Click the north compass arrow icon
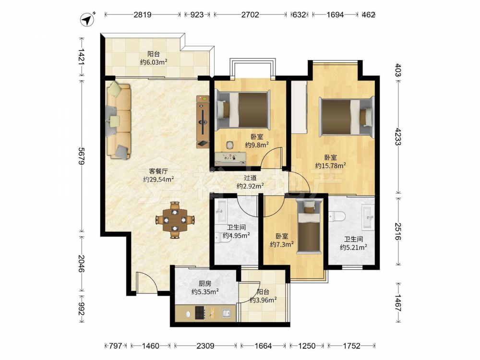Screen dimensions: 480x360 [x=87, y=19]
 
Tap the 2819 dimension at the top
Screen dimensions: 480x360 [x=143, y=14]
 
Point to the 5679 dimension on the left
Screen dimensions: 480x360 [x=82, y=156]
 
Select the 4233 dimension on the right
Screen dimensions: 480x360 [x=398, y=136]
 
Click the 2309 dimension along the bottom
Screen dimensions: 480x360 [x=205, y=346]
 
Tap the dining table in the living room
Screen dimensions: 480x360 [x=175, y=220]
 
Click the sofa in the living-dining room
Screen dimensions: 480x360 [x=119, y=120]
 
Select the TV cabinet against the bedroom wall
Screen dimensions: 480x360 [x=203, y=122]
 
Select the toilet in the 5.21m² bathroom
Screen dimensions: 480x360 [x=337, y=216]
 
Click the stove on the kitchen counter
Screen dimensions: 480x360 [x=200, y=313]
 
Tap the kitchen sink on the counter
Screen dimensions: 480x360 [x=227, y=313]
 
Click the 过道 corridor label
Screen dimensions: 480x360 [x=250, y=178]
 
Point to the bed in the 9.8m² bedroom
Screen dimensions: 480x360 [x=243, y=110]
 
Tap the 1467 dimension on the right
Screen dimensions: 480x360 [x=398, y=303]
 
